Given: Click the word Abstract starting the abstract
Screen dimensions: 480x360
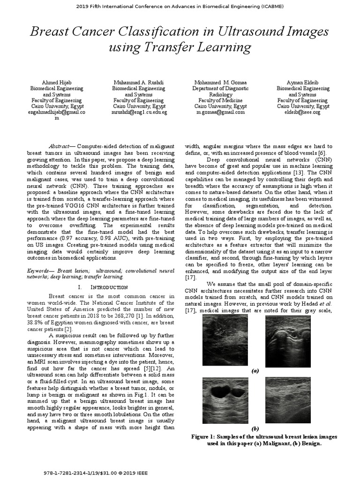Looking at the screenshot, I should point(60,146).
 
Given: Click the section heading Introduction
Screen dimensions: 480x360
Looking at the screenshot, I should point(108,287).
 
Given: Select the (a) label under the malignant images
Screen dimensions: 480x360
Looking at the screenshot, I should point(255,370).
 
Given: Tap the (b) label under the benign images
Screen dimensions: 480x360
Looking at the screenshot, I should point(255,429).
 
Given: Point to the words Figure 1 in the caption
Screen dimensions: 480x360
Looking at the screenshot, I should point(204,436).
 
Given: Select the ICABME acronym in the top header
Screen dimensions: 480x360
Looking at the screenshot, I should point(269,7).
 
